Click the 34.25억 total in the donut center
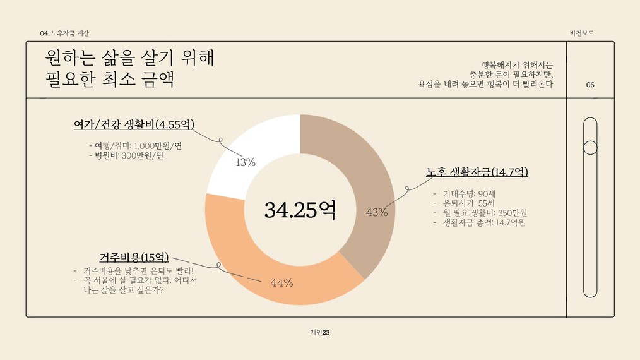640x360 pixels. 299,210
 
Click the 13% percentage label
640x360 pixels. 245,163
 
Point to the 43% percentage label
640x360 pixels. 377,213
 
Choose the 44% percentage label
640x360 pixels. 281,283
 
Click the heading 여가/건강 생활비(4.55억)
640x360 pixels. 134,124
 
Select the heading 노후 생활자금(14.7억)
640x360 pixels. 477,172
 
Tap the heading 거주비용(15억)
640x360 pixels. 134,257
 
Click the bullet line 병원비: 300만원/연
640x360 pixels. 126,155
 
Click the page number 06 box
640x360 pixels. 590,85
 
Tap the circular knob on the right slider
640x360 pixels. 590,148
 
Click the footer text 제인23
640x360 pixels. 320,332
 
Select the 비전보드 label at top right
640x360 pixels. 581,33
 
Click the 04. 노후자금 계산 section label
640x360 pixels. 64,33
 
